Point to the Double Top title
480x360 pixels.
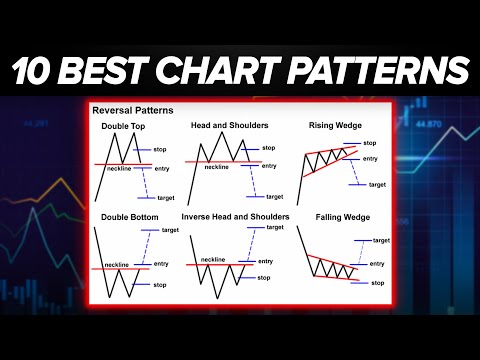[x=122, y=126]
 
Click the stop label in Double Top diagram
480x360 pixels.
[x=160, y=149]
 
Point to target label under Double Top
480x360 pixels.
[x=166, y=198]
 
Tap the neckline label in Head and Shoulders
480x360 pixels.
[x=217, y=168]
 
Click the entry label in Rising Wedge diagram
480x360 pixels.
[x=370, y=158]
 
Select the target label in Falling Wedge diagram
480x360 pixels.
[x=381, y=240]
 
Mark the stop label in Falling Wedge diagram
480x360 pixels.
[x=377, y=283]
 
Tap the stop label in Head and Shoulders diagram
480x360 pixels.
[x=268, y=148]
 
